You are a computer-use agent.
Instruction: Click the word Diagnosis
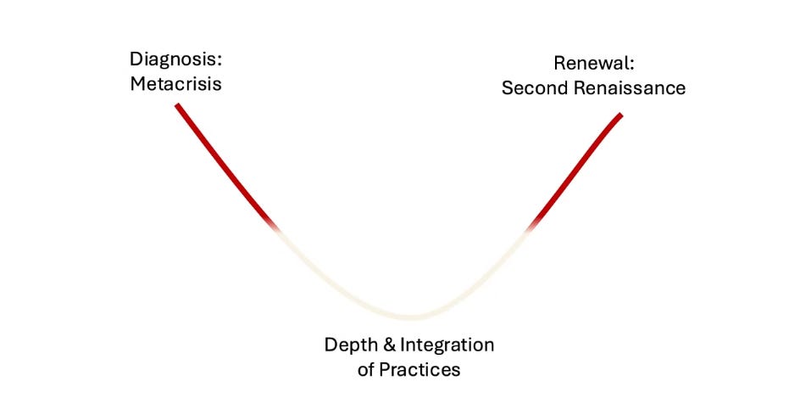[x=174, y=60]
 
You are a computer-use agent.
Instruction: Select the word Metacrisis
[x=175, y=85]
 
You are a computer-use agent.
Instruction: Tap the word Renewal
[x=592, y=63]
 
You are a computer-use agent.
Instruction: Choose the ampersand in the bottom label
[x=387, y=346]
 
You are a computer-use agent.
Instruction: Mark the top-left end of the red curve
[x=177, y=105]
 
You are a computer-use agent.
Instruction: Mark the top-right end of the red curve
[x=620, y=115]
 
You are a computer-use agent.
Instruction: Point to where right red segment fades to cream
[x=531, y=227]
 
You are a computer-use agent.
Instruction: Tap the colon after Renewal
[x=631, y=64]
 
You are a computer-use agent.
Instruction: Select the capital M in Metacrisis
[x=138, y=85]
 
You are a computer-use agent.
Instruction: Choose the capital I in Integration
[x=402, y=346]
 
